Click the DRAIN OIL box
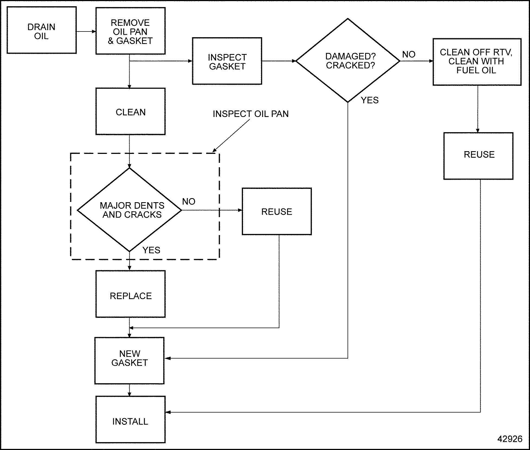(41, 30)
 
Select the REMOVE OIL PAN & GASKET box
(130, 31)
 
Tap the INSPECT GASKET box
(227, 61)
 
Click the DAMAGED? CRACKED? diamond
(348, 61)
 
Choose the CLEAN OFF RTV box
(477, 62)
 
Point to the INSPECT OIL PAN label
(250, 114)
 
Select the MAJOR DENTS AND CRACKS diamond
(130, 210)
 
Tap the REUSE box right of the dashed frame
(277, 211)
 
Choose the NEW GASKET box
(130, 360)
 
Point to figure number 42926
(510, 439)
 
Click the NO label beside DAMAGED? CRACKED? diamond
(409, 55)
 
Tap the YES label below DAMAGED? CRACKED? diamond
(370, 100)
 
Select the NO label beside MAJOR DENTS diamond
(189, 202)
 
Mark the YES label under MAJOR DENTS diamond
(151, 250)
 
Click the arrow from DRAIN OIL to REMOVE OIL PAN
(86, 31)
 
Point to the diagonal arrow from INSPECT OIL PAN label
(231, 136)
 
